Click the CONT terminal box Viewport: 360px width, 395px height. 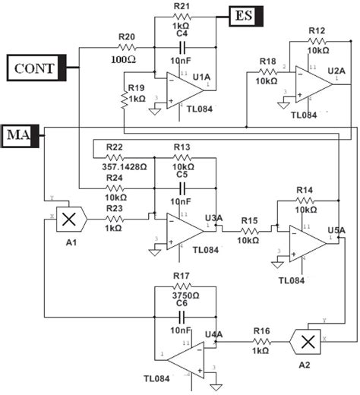(x=34, y=68)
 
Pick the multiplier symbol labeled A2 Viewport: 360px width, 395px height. (x=308, y=342)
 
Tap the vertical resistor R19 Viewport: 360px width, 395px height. (x=125, y=100)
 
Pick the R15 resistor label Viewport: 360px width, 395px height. (x=249, y=220)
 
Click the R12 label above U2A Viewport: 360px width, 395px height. (x=317, y=30)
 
